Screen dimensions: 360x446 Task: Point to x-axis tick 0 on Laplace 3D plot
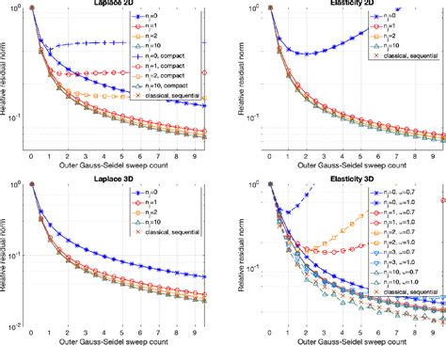pyautogui.click(x=32, y=333)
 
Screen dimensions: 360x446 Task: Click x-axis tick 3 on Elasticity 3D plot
pyautogui.click(x=314, y=333)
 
